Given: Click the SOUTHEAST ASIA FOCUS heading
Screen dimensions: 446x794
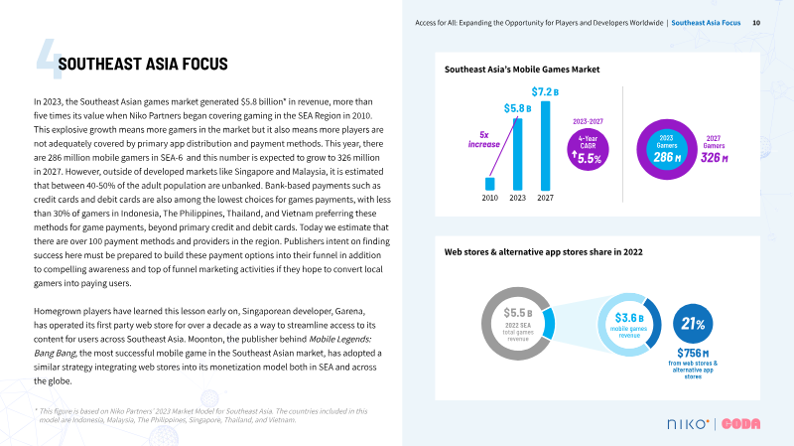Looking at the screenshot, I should pos(144,64).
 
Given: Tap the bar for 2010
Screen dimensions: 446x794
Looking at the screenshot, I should pos(489,184).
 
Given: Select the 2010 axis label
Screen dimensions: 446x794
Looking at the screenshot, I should pos(489,198).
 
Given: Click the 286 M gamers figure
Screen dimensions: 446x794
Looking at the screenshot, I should pos(667,157).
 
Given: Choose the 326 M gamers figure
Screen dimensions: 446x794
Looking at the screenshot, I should pos(713,158).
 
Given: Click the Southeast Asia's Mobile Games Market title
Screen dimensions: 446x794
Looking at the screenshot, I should pos(522,70).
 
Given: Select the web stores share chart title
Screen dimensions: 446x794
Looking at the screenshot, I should pos(543,252).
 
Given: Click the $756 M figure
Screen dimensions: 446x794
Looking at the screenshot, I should pos(693,353).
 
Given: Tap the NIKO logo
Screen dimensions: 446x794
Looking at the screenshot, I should pos(686,423).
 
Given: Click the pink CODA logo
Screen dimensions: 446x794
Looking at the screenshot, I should pos(741,423).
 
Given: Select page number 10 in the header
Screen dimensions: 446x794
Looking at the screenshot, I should pos(756,22).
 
